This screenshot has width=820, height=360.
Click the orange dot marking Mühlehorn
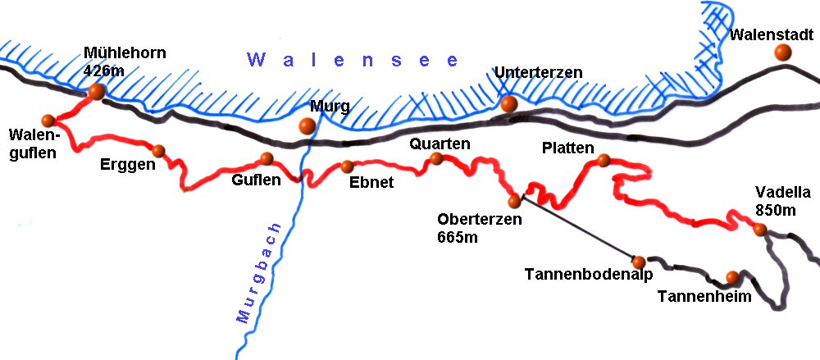97,92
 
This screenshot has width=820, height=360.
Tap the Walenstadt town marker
783,52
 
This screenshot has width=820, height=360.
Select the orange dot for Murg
307,125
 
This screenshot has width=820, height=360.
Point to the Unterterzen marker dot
509,104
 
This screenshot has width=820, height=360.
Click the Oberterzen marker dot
514,201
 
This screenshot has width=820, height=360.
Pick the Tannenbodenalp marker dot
639,261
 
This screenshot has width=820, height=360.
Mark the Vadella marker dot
761,230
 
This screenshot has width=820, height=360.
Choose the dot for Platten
604,160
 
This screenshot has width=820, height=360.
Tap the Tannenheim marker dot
732,277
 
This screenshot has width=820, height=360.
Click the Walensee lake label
353,60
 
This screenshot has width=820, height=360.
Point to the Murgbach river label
261,272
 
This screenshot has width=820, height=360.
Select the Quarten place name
440,144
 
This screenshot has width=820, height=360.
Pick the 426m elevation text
103,71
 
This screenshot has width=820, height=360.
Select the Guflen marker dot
266,158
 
